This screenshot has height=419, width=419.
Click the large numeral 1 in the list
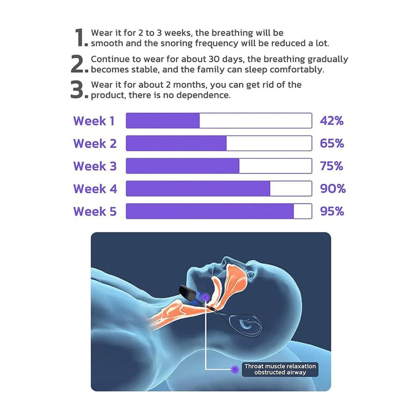[80, 37]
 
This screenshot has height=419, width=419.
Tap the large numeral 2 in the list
[78, 64]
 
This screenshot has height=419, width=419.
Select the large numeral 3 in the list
[78, 90]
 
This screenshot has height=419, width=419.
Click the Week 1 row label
[94, 121]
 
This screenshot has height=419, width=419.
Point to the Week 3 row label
[95, 166]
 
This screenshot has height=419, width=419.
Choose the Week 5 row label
[95, 211]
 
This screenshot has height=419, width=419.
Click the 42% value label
[331, 121]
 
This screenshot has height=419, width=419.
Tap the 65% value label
[332, 143]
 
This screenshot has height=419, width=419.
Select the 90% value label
[333, 189]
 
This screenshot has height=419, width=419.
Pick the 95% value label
[332, 211]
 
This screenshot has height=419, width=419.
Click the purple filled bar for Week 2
[176, 143]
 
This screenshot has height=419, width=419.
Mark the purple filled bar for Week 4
[198, 189]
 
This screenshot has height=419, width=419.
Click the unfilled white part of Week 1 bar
[256, 121]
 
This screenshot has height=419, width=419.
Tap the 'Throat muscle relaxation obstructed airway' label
[280, 369]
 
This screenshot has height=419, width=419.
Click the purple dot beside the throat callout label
[235, 369]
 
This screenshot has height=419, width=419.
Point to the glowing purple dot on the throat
[205, 297]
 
